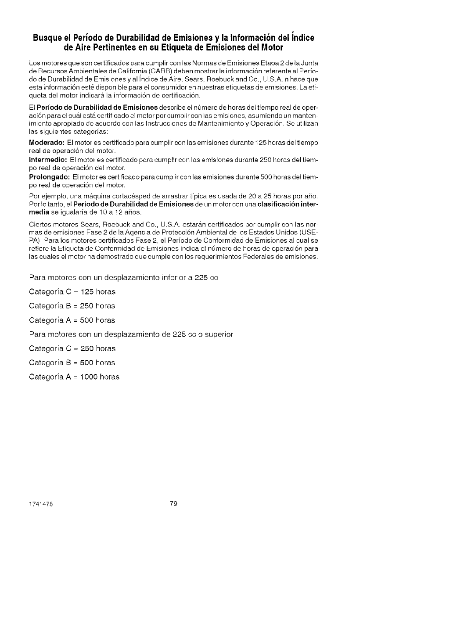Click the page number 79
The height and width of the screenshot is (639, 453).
tap(173, 504)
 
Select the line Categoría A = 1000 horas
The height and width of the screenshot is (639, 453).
tap(74, 377)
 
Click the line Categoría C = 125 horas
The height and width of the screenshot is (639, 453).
tap(72, 292)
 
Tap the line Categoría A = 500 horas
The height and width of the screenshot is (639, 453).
tap(72, 320)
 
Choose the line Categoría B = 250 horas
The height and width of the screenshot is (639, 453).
tap(72, 306)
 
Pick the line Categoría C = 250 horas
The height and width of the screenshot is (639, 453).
tap(72, 348)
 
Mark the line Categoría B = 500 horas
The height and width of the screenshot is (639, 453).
tap(72, 363)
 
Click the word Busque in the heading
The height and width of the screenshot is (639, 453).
tap(47, 38)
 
